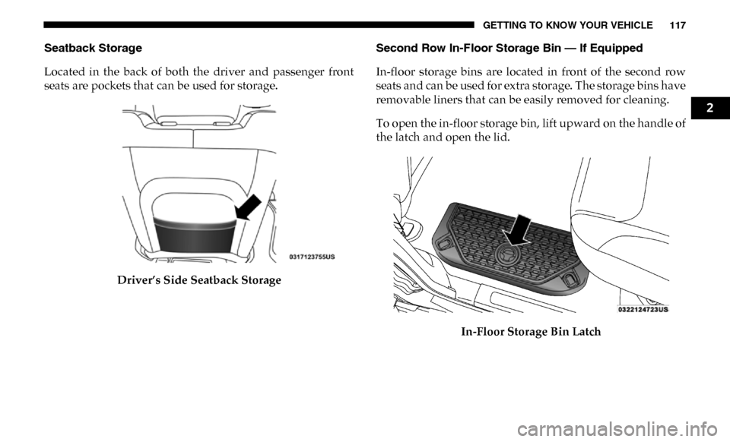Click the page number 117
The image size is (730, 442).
coord(678,25)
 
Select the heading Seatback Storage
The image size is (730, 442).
coord(93,48)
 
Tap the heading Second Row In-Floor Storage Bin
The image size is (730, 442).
coord(468,48)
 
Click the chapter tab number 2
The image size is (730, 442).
coord(709,109)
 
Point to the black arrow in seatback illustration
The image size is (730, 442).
coord(248,207)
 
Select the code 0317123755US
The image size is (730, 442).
coord(312,257)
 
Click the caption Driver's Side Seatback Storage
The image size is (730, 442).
coord(199,279)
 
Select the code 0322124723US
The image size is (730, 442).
coord(643,309)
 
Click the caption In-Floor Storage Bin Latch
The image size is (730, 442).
coord(531,331)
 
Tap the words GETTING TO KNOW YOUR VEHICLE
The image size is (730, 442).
coord(567,25)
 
